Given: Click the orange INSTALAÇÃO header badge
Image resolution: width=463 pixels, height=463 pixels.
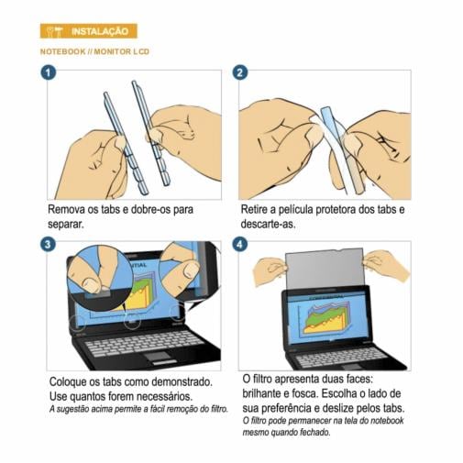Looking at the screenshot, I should pos(88,31).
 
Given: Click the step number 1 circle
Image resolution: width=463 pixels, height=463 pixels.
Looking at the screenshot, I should pos(48,72).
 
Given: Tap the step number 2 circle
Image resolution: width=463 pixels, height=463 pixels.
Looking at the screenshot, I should pos(239,72).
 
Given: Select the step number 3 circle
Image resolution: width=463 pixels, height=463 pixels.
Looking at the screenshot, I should pos(48,245).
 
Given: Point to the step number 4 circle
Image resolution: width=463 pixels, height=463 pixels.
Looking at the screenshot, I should pos(239,245).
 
